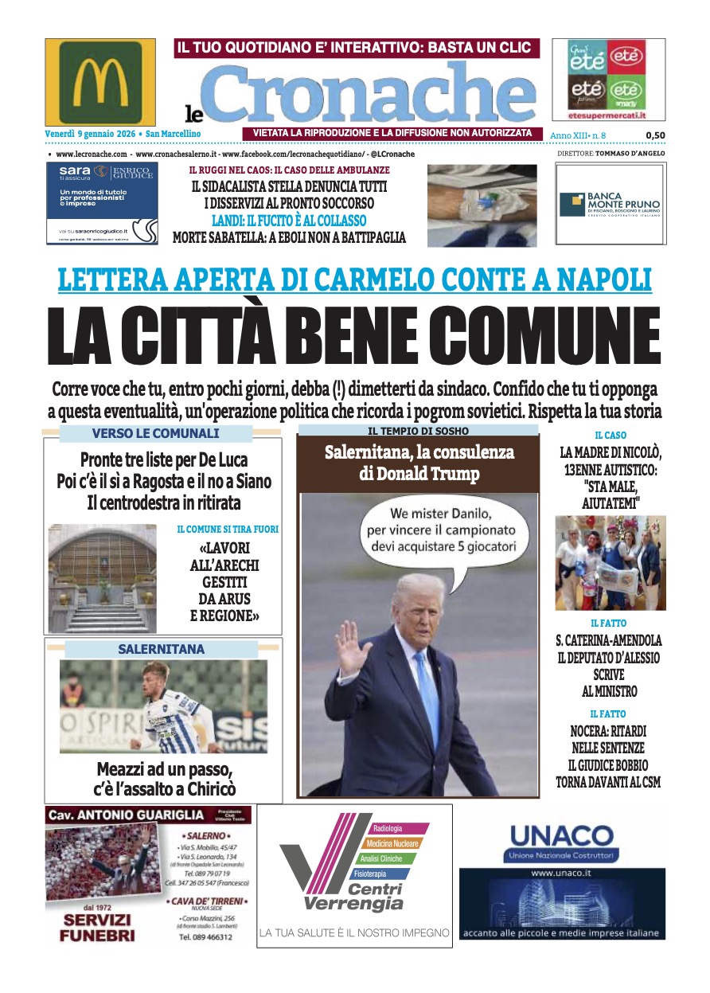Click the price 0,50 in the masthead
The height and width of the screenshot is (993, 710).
coord(655,135)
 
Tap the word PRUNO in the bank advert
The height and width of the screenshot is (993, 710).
coord(642,203)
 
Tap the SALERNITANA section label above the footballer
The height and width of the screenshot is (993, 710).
coord(161,649)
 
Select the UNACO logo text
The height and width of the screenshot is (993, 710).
coord(561,835)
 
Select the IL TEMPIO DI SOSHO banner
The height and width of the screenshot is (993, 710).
coord(418,431)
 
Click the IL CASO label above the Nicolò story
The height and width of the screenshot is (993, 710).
coord(611,436)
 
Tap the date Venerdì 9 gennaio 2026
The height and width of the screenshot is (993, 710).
coord(88,134)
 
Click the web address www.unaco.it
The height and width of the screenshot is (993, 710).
coord(561,874)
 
